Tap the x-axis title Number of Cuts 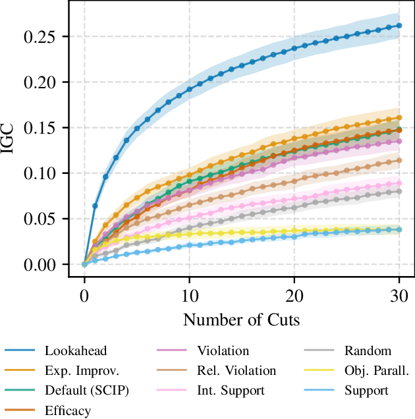pos(242,320)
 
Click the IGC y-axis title pos(11,140)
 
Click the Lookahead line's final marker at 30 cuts pos(399,26)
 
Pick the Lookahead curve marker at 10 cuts pos(189,89)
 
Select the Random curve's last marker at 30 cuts pos(399,191)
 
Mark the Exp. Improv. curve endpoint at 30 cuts pos(399,119)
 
